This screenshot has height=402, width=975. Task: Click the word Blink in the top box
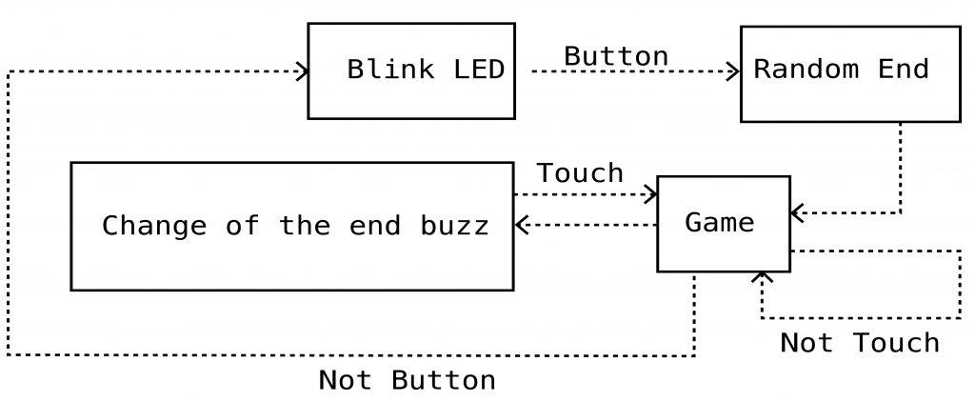(390, 69)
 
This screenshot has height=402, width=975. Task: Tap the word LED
(479, 69)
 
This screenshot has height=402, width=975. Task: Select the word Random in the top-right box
(806, 69)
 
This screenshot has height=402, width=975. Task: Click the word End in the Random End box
(903, 69)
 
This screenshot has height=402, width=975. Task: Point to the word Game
(720, 222)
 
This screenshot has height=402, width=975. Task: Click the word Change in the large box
(153, 225)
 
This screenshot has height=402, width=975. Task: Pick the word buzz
(454, 225)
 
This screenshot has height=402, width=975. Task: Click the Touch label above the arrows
(580, 173)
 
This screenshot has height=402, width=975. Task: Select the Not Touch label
(860, 343)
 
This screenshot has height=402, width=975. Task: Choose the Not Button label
(408, 380)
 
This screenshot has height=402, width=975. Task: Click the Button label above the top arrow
(616, 56)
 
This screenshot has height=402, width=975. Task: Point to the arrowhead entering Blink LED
(303, 71)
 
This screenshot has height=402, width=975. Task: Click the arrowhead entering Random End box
(734, 71)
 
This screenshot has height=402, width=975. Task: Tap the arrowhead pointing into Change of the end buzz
(521, 225)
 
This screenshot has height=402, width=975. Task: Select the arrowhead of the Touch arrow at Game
(651, 194)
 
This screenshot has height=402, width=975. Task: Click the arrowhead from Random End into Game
(797, 212)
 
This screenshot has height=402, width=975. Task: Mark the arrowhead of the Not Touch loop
(762, 277)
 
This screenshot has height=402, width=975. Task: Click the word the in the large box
(304, 225)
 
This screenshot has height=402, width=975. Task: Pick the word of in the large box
(242, 225)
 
